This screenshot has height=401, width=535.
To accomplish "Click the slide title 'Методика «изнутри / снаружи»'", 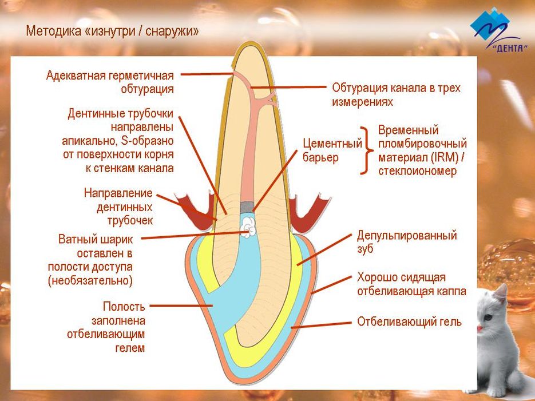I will point(112,31).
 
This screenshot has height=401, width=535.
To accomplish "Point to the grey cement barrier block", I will point(246,207).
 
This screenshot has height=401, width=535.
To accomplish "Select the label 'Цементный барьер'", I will point(332,150).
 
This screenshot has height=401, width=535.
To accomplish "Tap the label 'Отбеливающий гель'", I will point(409,322).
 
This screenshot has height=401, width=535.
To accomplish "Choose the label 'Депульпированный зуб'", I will point(406,242).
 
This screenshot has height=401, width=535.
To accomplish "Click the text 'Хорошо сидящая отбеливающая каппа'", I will point(411,284).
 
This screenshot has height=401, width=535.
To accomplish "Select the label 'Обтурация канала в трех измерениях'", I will point(396,95).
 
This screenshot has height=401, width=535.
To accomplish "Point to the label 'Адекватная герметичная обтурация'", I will point(110,82).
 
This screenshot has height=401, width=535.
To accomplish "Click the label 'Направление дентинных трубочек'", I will point(118,207).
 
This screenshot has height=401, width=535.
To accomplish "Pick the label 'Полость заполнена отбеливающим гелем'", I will point(117,327).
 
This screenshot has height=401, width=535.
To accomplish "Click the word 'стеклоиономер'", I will point(417,170).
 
